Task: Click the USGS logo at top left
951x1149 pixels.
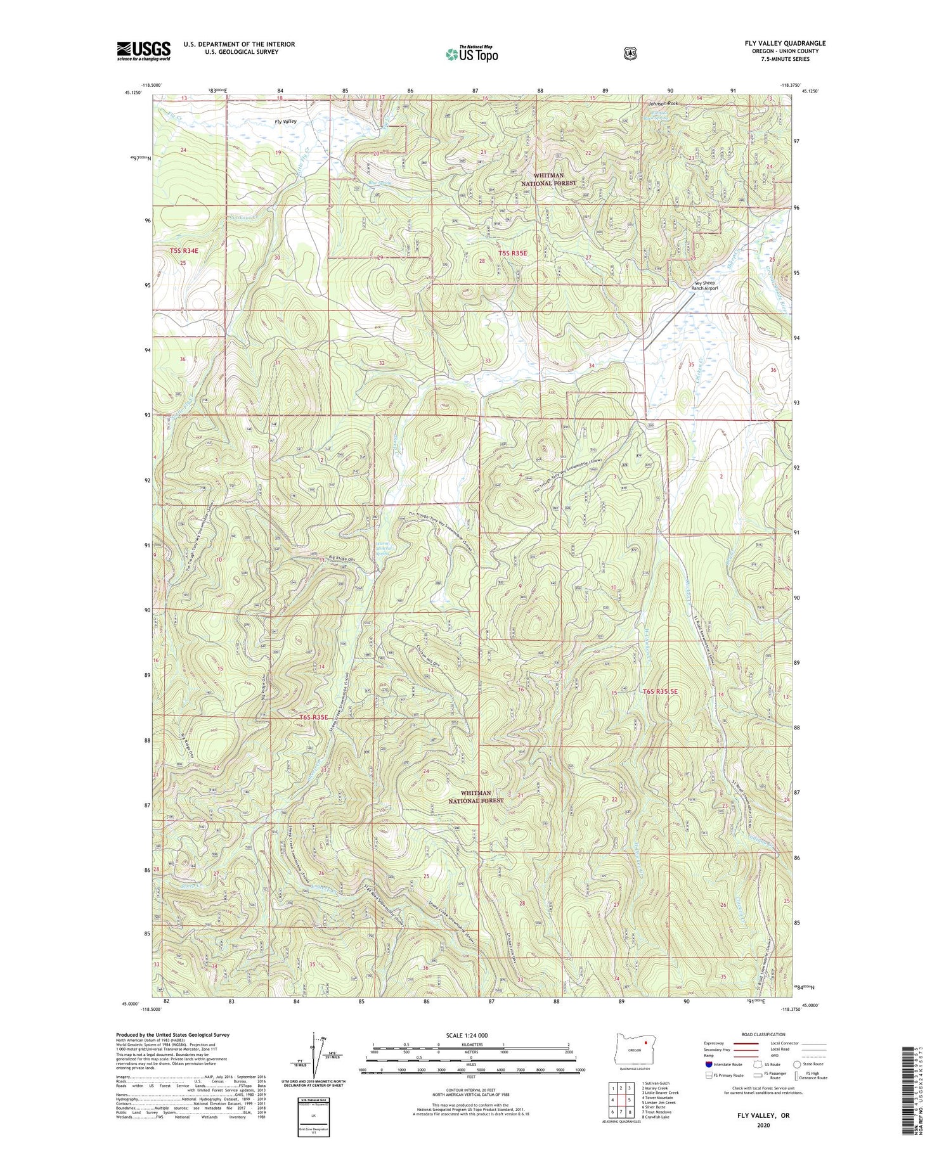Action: (x=143, y=51)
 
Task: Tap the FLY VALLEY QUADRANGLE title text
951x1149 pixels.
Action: (x=785, y=43)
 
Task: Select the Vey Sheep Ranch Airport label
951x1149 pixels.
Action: (x=705, y=285)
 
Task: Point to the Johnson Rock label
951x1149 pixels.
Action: (x=663, y=103)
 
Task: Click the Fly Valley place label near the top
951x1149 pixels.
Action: (x=285, y=121)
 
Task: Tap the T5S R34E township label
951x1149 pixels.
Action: (x=184, y=251)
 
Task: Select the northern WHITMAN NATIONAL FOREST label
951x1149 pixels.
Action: (x=549, y=179)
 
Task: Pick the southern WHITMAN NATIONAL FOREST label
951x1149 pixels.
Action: (x=476, y=797)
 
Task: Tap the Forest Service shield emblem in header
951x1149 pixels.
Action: (x=630, y=54)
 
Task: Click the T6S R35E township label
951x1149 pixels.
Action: (x=313, y=717)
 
